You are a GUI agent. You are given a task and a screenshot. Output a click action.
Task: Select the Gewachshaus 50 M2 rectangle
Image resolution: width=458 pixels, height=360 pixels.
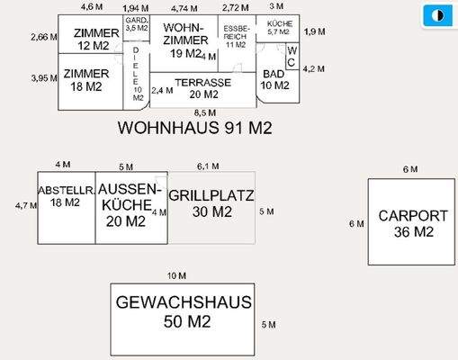point(183,311)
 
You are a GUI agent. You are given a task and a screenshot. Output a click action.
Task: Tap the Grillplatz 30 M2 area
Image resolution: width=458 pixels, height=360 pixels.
point(211,205)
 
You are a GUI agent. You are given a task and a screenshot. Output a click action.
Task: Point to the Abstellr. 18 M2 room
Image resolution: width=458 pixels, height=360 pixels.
point(66,206)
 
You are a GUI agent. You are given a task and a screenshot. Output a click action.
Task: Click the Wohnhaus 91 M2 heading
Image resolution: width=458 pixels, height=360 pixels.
point(194,129)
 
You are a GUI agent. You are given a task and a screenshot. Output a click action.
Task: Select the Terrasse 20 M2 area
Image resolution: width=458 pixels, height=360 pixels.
point(202,88)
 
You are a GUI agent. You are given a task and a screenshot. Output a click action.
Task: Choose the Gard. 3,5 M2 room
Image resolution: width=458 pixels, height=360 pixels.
point(136,24)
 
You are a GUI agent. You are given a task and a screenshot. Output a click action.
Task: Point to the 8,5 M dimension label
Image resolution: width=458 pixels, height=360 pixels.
point(206,112)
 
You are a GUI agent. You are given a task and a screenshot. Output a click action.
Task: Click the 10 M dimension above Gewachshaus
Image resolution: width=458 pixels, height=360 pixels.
point(176,274)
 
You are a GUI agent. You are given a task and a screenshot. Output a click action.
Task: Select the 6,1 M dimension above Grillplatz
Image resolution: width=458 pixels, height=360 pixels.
point(207,166)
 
